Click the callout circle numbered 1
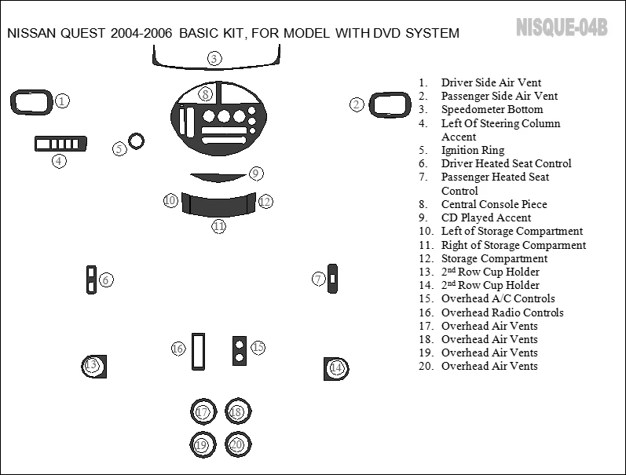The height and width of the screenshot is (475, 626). tap(63, 100)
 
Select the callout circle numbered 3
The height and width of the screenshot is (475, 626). tap(214, 58)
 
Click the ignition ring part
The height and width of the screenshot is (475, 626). tap(137, 142)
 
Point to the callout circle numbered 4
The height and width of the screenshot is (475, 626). tap(59, 161)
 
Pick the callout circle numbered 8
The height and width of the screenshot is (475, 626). tap(205, 95)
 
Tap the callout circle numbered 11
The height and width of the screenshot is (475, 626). tap(218, 226)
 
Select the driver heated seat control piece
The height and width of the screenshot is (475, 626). tap(91, 280)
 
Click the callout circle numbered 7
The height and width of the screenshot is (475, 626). tap(319, 278)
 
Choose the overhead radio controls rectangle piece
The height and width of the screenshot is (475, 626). tap(198, 352)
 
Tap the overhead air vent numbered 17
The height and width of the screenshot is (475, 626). tap(203, 411)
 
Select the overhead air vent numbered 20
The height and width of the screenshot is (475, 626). tap(236, 444)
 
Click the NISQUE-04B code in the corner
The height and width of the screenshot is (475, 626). tap(561, 27)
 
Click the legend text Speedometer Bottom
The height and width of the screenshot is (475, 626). tap(492, 109)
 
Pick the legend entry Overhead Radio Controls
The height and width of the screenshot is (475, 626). tap(502, 312)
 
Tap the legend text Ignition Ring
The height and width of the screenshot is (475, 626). tap(473, 150)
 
